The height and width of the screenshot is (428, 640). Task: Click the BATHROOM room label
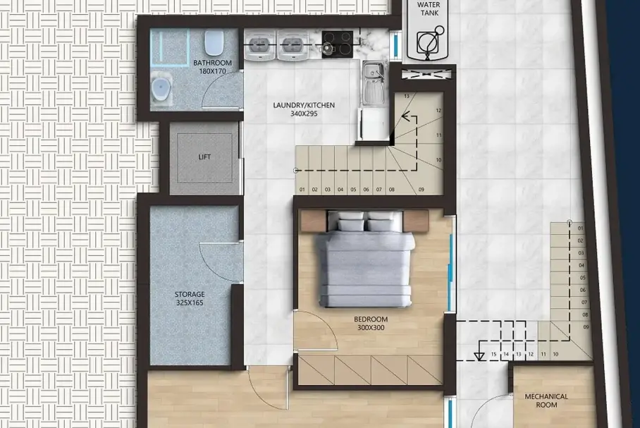[212, 63]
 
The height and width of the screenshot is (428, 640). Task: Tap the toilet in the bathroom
[214, 42]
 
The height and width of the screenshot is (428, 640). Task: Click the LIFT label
[204, 157]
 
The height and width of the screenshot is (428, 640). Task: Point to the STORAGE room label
[190, 294]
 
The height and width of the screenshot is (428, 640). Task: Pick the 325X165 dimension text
[190, 302]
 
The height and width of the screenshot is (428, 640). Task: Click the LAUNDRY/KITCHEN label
[304, 105]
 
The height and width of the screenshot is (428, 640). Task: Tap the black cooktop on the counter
[337, 44]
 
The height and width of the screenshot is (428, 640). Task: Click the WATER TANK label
[429, 8]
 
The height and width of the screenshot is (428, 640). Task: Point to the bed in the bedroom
[364, 259]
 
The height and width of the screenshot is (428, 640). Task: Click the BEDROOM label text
[371, 319]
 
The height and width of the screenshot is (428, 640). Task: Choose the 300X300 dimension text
[371, 328]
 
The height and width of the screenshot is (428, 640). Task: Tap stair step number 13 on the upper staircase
[407, 97]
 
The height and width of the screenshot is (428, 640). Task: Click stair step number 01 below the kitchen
[302, 190]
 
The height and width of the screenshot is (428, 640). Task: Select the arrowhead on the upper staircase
[405, 116]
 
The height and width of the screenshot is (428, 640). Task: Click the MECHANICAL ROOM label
[546, 401]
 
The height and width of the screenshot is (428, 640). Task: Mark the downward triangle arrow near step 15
[479, 355]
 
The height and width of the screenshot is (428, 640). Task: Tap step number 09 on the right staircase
[586, 327]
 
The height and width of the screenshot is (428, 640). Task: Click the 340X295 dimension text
[304, 114]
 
